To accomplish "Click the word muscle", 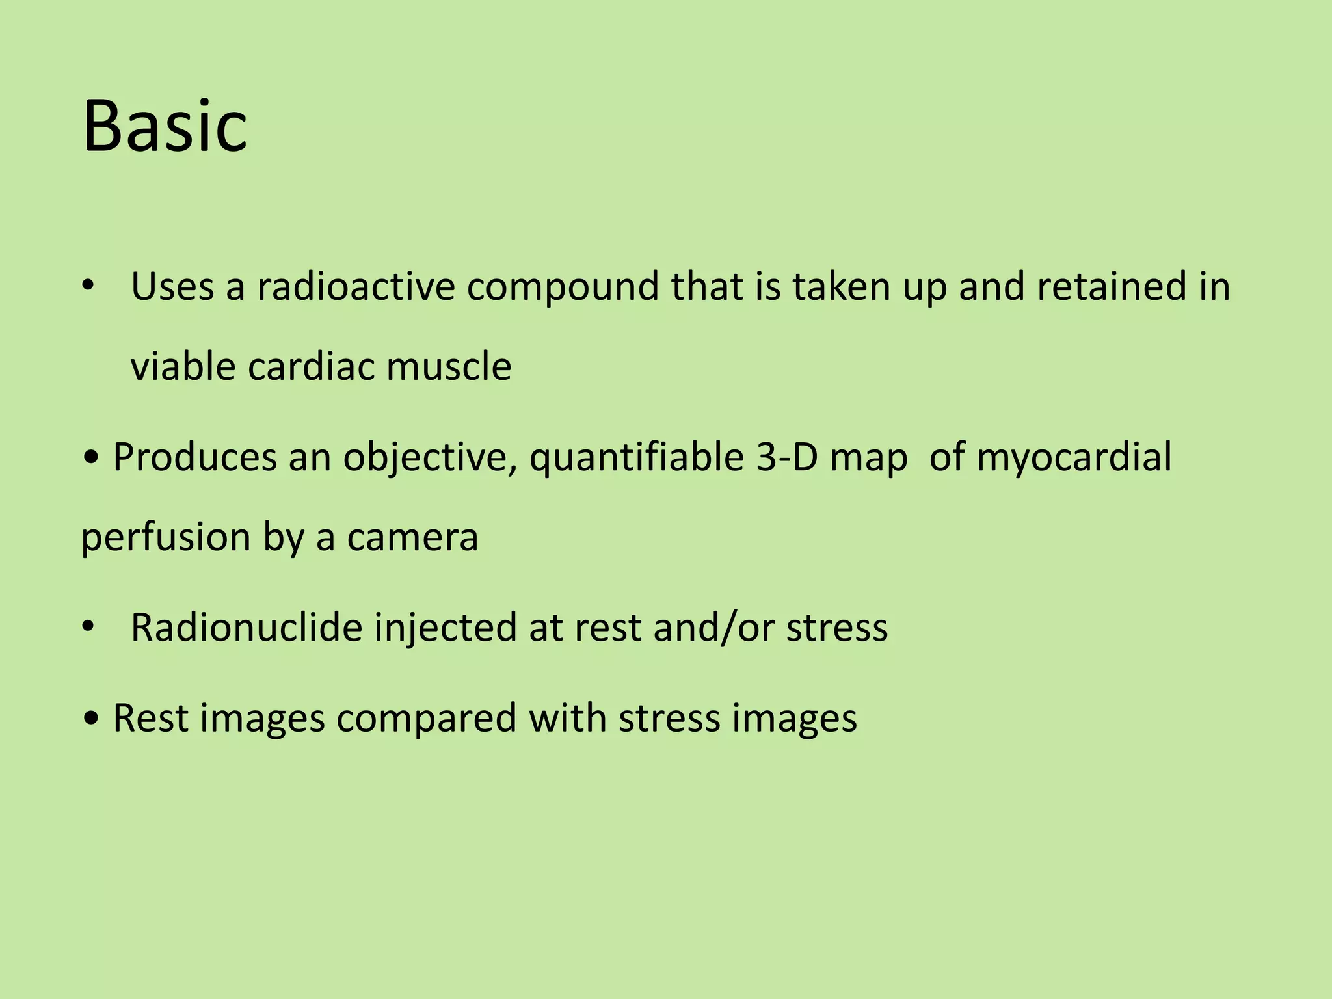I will click(448, 366).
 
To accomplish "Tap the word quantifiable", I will click(636, 457).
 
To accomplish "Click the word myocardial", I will click(1074, 457).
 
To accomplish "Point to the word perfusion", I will click(166, 537).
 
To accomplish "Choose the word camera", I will click(412, 537).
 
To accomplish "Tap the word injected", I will click(445, 627).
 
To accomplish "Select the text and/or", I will click(713, 627).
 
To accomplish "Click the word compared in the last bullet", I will click(426, 718).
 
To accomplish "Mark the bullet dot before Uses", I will click(88, 287).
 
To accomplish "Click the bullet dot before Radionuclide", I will click(88, 628).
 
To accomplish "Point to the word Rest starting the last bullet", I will click(150, 718).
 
